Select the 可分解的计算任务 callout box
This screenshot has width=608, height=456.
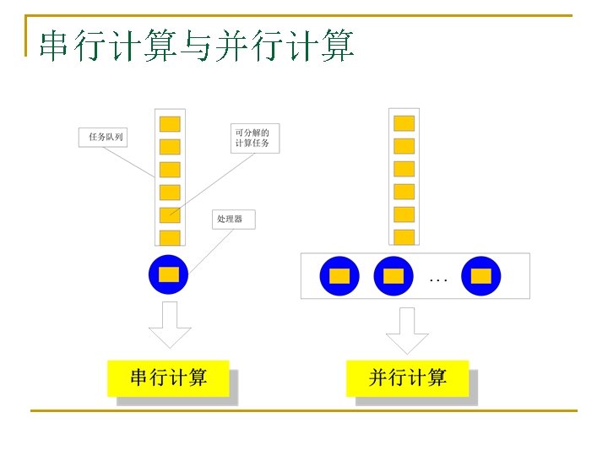tap(255, 138)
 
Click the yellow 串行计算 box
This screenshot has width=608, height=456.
tap(169, 377)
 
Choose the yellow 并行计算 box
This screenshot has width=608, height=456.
tap(408, 377)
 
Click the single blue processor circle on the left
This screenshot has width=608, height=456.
tap(169, 274)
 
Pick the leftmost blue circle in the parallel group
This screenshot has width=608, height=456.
tap(339, 276)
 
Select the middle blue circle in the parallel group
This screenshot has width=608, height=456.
tap(393, 276)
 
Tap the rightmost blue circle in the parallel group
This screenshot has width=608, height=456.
tap(481, 276)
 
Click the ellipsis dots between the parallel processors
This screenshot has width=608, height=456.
tap(438, 278)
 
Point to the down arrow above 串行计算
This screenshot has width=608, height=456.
tap(170, 325)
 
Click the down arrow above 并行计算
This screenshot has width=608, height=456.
tap(407, 330)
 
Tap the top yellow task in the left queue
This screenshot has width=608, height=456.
tap(170, 123)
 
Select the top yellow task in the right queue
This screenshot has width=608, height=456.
tap(404, 123)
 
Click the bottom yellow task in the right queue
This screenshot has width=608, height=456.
tap(404, 236)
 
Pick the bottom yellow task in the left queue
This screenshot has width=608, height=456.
tap(170, 236)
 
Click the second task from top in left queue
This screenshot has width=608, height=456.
tap(170, 146)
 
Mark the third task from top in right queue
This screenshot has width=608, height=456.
tap(404, 169)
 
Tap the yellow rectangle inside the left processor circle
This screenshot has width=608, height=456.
tap(169, 274)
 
